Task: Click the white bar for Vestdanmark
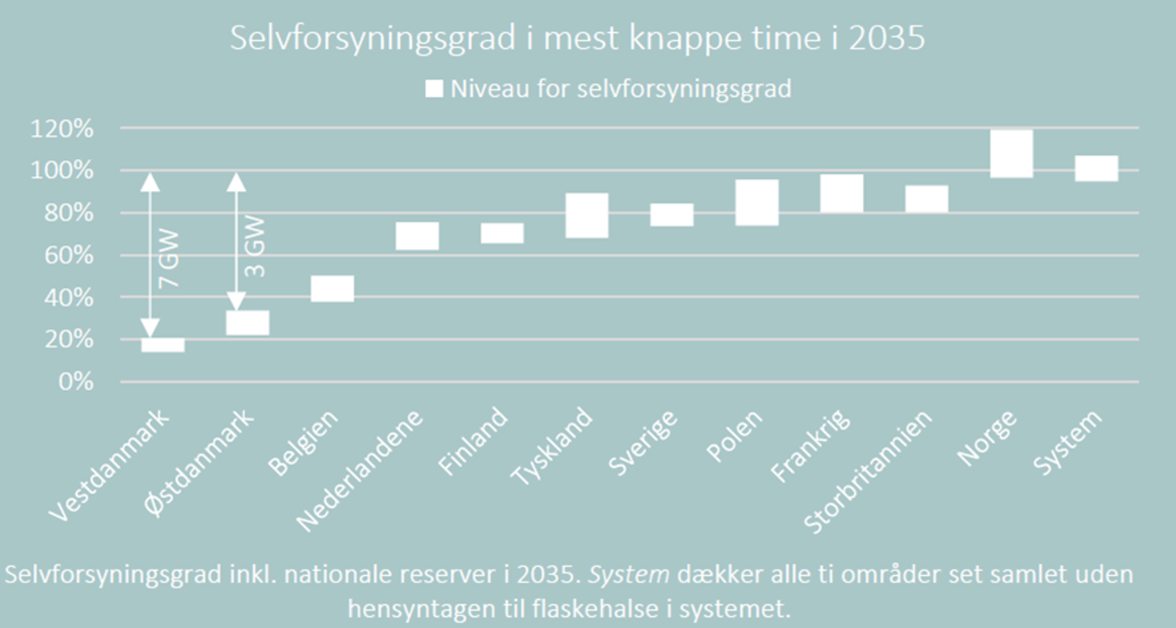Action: pos(162,345)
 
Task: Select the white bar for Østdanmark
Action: pos(248,323)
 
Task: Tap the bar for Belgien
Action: pos(332,289)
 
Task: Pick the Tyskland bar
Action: pos(587,216)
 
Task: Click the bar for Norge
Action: pos(1011,154)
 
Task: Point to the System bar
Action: pos(1096,168)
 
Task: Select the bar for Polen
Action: pos(757,203)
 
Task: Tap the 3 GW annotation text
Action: pos(256,247)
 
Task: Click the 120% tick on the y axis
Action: pos(63,129)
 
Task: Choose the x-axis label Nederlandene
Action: pos(360,470)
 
